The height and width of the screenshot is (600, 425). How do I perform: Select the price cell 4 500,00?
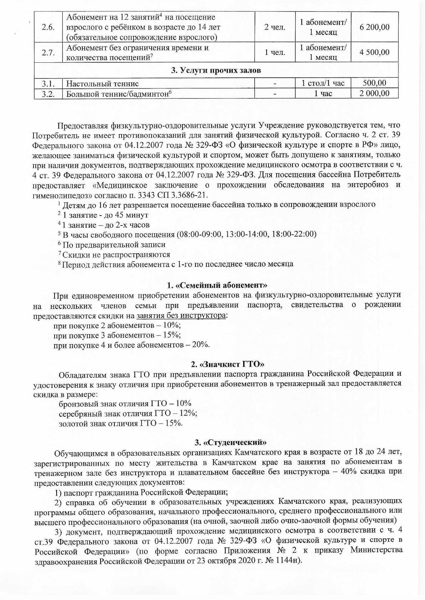click(374, 52)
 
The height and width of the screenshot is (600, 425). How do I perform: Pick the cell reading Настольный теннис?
click(101, 84)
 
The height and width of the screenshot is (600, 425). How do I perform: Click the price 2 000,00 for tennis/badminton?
click(374, 93)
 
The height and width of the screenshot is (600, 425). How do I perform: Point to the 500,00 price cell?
click(374, 83)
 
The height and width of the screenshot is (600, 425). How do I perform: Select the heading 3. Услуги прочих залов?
click(216, 70)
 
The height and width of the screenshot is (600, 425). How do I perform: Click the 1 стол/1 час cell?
click(323, 83)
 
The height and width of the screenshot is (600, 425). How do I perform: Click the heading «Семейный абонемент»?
click(217, 285)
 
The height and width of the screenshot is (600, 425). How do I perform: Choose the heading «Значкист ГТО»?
click(227, 364)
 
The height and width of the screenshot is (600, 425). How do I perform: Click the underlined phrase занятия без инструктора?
click(181, 316)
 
